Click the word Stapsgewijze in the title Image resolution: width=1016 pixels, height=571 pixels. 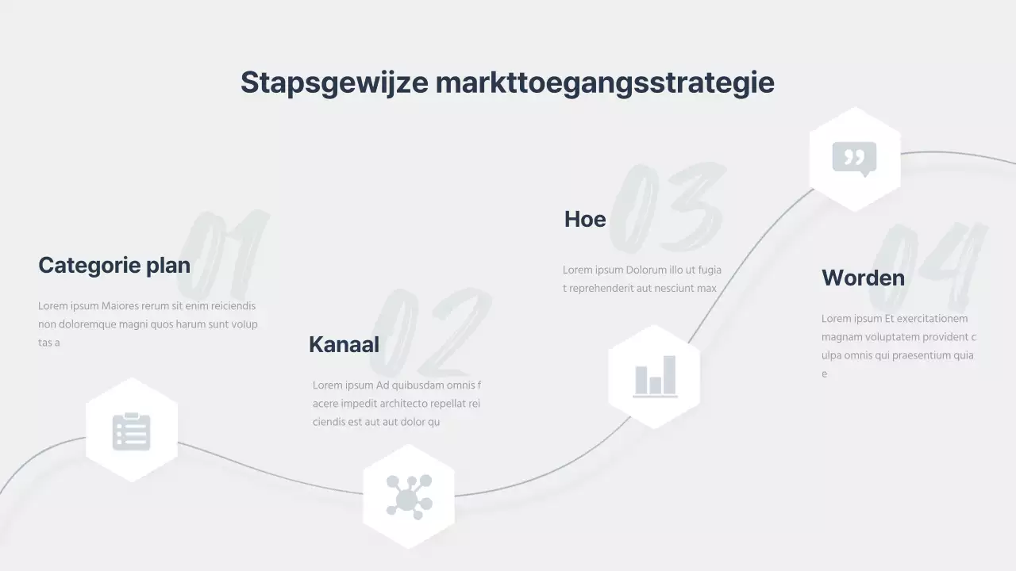tap(334, 83)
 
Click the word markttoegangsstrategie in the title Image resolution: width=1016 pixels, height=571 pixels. tap(605, 83)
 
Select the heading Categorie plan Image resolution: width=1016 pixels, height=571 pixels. tap(114, 265)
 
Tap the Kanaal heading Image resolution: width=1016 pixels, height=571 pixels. tap(344, 344)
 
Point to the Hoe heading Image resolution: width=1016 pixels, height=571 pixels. tap(585, 219)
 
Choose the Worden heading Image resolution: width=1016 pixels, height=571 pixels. tap(863, 278)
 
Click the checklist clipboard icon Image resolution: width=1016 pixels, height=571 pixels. tap(132, 431)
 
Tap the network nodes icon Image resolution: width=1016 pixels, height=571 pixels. tap(409, 496)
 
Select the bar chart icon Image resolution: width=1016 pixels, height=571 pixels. tap(655, 376)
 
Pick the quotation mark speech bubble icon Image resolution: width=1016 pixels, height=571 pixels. tap(854, 159)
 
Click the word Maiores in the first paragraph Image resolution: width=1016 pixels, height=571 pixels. tap(122, 306)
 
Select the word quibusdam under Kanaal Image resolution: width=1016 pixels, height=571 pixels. tap(416, 385)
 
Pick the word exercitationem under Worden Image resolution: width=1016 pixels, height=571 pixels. tap(931, 319)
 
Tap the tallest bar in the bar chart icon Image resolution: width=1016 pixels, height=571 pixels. tap(669, 374)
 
